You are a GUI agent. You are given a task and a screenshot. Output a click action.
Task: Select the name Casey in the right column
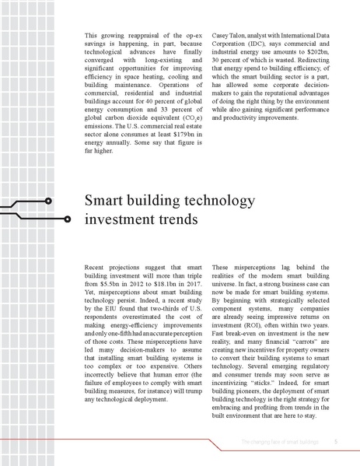(222, 36)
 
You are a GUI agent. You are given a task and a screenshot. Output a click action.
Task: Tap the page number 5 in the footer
(335, 442)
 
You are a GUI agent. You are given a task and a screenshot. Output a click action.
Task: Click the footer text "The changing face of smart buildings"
(281, 442)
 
